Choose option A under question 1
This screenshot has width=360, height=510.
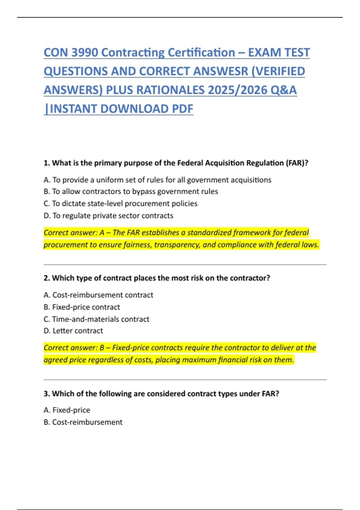tap(157, 180)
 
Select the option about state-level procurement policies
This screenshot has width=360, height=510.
tap(120, 203)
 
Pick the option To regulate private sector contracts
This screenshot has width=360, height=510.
tap(108, 216)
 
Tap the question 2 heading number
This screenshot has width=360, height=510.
tap(46, 278)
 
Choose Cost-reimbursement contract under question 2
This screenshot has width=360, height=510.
tap(98, 295)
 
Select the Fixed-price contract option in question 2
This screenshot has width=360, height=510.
tap(82, 307)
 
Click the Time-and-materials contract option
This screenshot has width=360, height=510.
tap(96, 319)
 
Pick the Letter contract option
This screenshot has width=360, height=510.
tap(73, 331)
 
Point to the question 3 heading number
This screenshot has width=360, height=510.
tap(46, 394)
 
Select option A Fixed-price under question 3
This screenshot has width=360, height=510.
tap(67, 410)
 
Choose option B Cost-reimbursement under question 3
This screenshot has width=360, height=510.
tap(83, 422)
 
